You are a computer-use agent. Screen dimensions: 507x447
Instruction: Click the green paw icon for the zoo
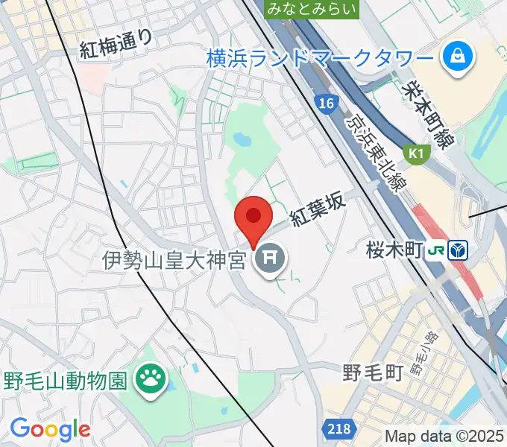(x=150, y=381)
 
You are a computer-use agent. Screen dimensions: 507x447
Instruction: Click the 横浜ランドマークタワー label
(x=320, y=57)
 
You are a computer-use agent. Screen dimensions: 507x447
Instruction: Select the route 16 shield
(x=324, y=104)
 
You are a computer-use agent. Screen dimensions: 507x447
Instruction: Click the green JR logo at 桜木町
(x=437, y=250)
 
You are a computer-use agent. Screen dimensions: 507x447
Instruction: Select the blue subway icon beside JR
(x=457, y=250)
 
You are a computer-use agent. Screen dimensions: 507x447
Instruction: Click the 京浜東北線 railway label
(x=377, y=150)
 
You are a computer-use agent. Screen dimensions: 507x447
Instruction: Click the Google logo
(x=50, y=429)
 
